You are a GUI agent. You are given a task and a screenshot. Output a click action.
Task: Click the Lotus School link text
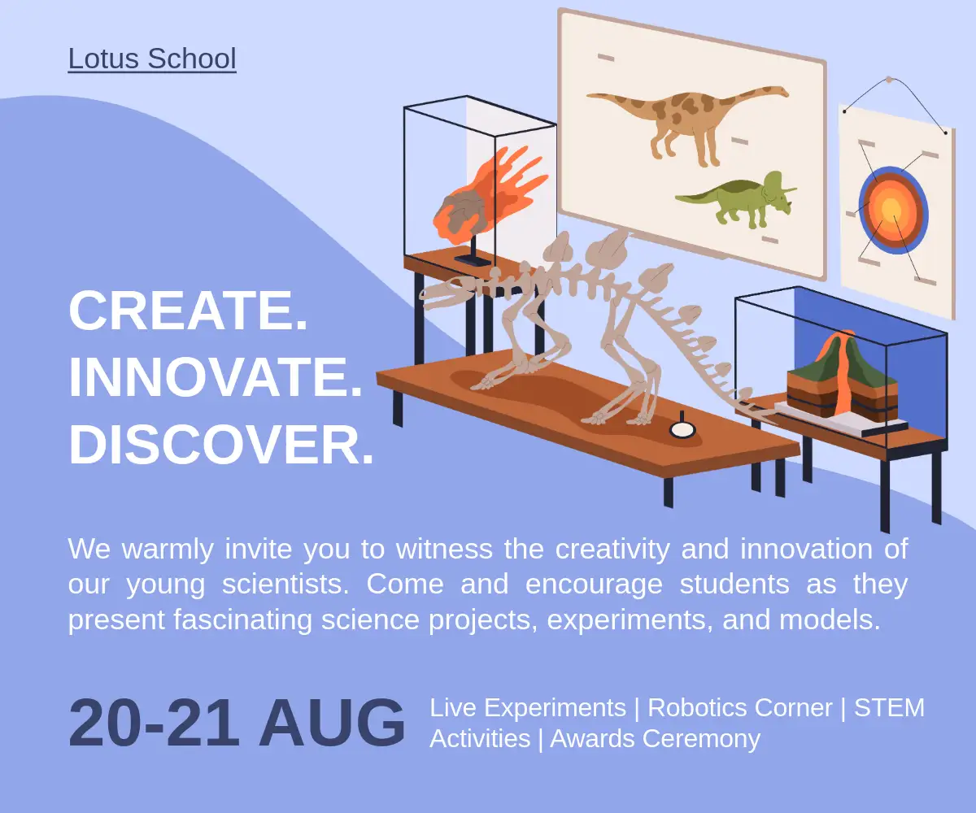pyautogui.click(x=152, y=59)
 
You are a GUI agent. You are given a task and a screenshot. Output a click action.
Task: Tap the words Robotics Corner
pyautogui.click(x=740, y=707)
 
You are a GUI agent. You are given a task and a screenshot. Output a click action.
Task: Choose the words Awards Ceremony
pyautogui.click(x=656, y=739)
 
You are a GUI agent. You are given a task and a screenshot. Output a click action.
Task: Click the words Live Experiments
pyautogui.click(x=528, y=707)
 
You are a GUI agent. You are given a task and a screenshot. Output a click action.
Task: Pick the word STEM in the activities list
pyautogui.click(x=889, y=707)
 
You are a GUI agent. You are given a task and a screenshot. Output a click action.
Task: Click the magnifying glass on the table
pyautogui.click(x=682, y=427)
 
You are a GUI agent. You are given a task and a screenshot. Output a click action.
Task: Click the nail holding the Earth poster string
pyautogui.click(x=889, y=80)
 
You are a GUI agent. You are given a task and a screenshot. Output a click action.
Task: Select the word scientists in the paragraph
pyautogui.click(x=285, y=584)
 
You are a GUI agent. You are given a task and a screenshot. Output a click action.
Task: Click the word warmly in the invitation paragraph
pyautogui.click(x=168, y=549)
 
